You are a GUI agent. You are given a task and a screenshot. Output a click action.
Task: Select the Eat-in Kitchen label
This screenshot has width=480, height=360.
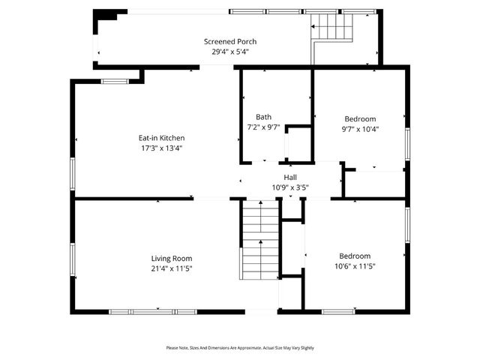point(161,138)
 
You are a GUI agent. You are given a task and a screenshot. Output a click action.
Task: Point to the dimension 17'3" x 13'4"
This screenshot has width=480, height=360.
point(161,148)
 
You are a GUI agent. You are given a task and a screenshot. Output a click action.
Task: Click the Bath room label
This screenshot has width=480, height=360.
point(263,117)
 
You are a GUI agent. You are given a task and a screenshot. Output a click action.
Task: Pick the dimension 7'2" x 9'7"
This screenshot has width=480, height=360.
point(263,127)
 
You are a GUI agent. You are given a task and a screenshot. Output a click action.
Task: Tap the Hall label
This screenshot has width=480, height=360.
point(289,177)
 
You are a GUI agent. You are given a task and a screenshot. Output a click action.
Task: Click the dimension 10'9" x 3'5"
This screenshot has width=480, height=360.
point(289,187)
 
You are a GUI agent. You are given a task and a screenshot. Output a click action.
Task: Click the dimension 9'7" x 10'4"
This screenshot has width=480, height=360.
point(360,129)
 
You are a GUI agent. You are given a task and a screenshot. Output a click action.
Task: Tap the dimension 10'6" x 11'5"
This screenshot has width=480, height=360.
point(354,266)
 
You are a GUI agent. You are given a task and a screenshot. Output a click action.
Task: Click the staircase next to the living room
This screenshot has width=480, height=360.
point(259,240)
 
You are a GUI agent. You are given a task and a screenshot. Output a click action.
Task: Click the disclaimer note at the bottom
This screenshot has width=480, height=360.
point(240,348)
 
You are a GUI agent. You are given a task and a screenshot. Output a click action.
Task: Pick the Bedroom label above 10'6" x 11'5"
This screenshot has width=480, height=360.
point(354,256)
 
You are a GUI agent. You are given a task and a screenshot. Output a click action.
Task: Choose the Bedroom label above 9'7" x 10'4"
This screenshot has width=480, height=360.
point(360,118)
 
